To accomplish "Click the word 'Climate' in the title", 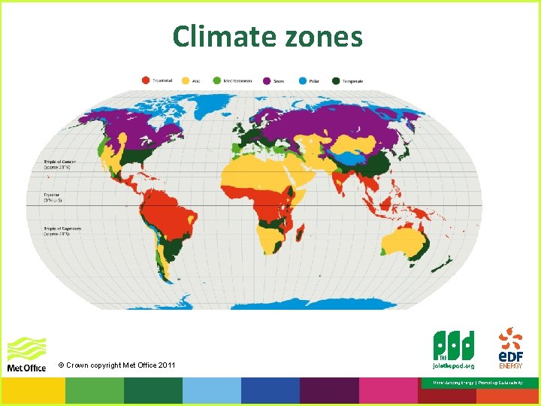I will click(219, 35).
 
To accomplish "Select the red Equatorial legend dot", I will click(146, 79).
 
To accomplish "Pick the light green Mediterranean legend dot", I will click(216, 79).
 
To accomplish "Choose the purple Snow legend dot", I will click(267, 79).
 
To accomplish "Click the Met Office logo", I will click(26, 355).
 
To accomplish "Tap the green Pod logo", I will click(454, 350).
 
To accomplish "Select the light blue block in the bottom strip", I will click(211, 391).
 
